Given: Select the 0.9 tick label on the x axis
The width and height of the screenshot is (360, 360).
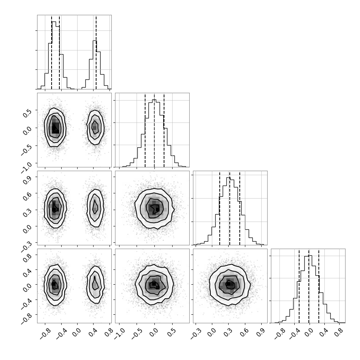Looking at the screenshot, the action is [x=261, y=333].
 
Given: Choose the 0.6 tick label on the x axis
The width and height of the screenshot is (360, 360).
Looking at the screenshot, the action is [x=245, y=333].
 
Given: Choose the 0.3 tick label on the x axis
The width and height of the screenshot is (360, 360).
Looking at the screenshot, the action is [x=228, y=333].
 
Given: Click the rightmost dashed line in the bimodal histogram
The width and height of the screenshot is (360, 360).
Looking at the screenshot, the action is [x=96, y=52].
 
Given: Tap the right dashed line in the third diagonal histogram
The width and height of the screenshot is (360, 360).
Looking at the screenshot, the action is [x=240, y=208].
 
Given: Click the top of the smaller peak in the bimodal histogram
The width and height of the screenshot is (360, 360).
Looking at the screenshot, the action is [x=95, y=40].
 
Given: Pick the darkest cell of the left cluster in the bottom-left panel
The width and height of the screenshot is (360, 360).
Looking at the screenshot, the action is [x=53, y=284].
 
